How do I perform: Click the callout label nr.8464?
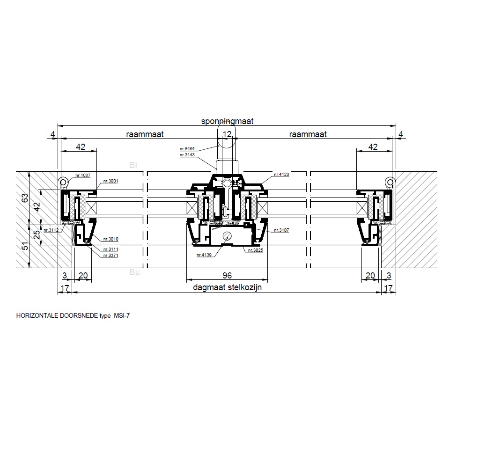187,149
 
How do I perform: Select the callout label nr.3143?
187,155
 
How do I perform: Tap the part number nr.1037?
83,175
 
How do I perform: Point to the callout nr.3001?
111,181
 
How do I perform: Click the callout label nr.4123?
281,175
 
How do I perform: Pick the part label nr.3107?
281,230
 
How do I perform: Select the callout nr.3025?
255,250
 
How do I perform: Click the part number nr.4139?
204,255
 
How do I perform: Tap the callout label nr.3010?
111,239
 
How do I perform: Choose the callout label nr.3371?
111,256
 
